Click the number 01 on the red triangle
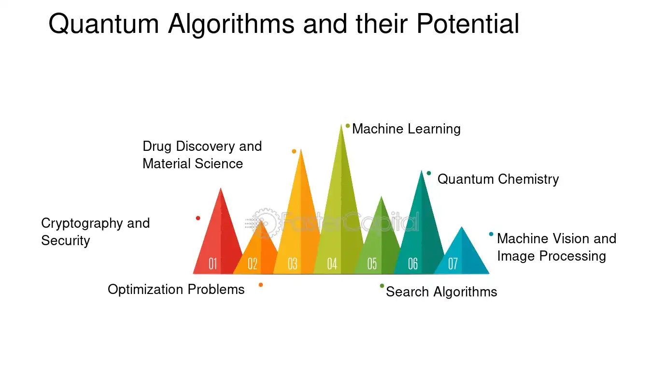tap(213, 264)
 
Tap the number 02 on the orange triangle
tap(253, 264)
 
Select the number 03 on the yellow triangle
tap(293, 264)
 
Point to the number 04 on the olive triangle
tap(332, 264)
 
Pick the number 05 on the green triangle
tap(372, 264)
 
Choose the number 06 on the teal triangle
tap(413, 264)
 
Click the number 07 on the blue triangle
tap(453, 264)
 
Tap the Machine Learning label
tap(406, 129)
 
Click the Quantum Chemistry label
tap(498, 179)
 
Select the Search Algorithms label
tap(441, 292)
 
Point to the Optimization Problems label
tap(176, 290)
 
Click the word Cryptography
tap(82, 223)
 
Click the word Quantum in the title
tap(104, 24)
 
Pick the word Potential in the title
tap(468, 23)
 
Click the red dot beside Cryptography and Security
tap(198, 218)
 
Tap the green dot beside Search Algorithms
tap(382, 286)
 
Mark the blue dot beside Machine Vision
tap(491, 234)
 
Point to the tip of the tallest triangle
tap(341, 124)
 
